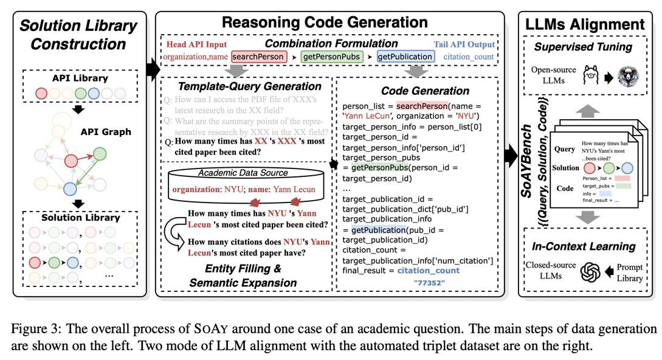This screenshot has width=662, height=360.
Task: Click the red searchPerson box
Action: pos(258,57)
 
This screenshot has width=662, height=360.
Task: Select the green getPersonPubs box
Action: pos(331,57)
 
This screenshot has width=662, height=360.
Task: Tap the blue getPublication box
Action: pos(405,57)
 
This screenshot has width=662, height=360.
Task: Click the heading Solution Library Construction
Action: pos(78,35)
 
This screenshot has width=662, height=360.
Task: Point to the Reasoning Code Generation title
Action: pos(325,23)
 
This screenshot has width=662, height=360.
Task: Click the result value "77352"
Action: pos(429,283)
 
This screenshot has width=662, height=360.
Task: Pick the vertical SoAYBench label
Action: pos(527,159)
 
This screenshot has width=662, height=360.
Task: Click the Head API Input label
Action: pos(195,44)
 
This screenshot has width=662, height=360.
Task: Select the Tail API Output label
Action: pos(464,44)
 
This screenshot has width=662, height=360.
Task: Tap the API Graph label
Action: pos(105,131)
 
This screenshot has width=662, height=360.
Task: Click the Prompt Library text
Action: pos(629,272)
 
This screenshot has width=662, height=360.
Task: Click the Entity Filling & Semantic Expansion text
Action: pos(243,275)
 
